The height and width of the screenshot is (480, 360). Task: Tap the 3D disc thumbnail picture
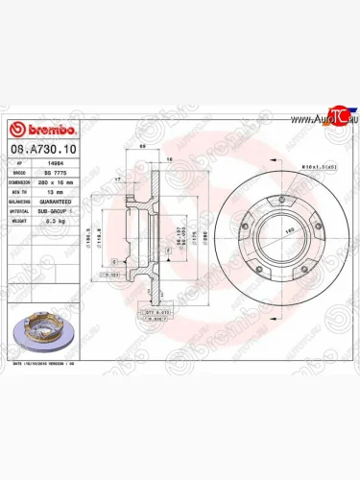pos(37,326)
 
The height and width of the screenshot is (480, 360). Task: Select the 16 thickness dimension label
pos(169,159)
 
